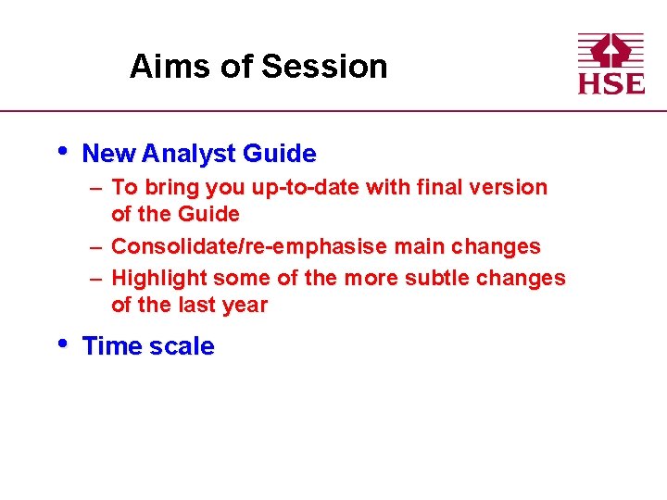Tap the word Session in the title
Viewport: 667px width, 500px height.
click(x=324, y=67)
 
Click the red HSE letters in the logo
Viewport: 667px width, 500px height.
click(x=611, y=81)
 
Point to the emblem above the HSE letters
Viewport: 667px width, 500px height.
click(x=611, y=50)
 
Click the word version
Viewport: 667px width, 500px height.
click(x=509, y=187)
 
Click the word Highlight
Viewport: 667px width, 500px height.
click(x=158, y=279)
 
